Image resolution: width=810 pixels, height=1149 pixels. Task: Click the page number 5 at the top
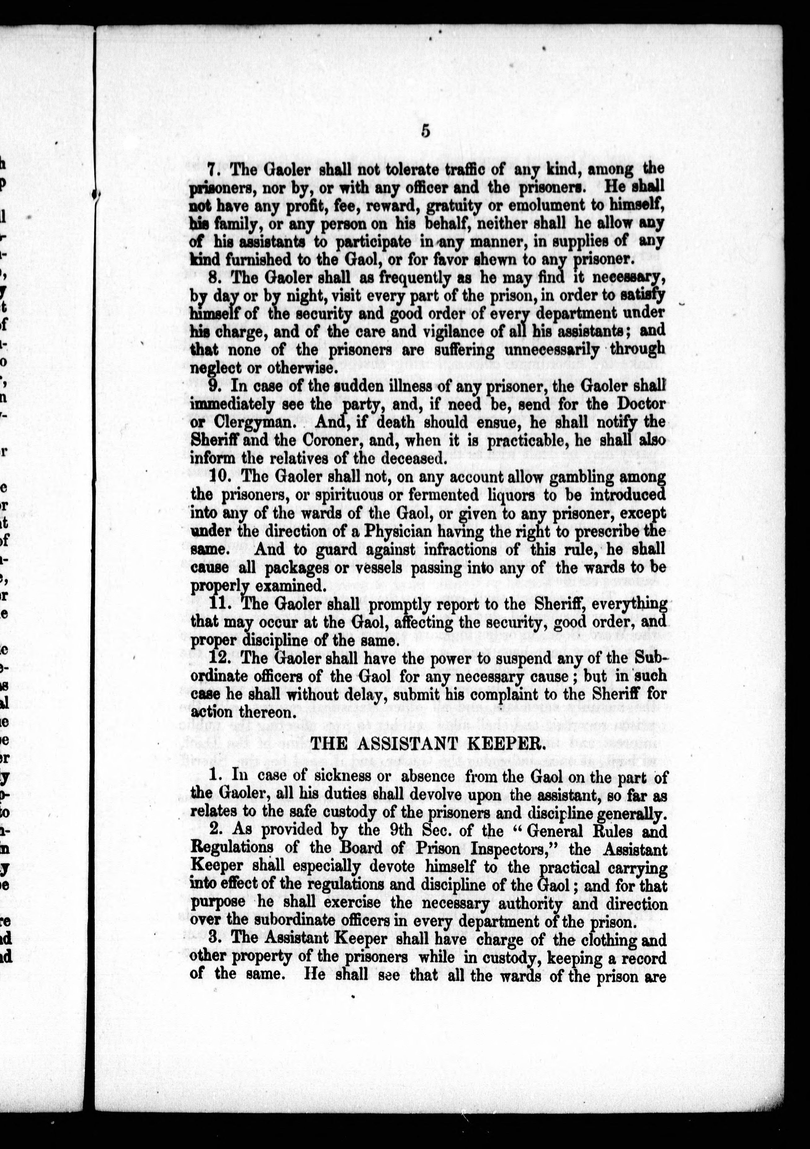pyautogui.click(x=426, y=131)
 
